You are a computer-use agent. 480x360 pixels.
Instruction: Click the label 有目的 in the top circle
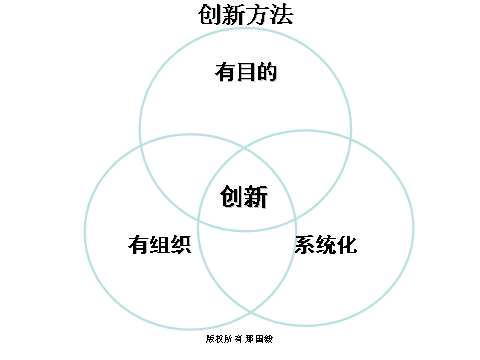click(245, 72)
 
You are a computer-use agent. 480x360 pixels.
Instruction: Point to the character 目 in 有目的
click(245, 72)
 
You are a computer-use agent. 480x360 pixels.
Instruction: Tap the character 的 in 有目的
click(265, 72)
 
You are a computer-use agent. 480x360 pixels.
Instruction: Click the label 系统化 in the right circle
click(326, 245)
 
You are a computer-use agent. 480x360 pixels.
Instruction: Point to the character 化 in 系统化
click(347, 245)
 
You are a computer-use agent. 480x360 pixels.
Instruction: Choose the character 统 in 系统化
click(326, 245)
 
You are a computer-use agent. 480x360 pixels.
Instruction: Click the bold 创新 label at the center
click(245, 197)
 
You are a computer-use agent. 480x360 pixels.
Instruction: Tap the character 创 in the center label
click(232, 197)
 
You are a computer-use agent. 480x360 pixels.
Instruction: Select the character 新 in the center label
click(257, 197)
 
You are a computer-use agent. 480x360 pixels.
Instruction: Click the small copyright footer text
click(240, 339)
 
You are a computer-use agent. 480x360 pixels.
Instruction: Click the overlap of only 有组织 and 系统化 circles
click(246, 270)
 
